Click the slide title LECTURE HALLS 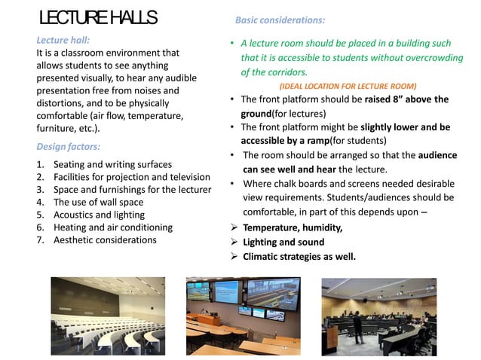click(98, 17)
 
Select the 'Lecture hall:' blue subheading click(63, 40)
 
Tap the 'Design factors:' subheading click(69, 146)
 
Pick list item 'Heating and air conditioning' click(113, 227)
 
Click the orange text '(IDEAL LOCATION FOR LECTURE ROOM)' click(348, 86)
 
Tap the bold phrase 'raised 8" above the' click(406, 99)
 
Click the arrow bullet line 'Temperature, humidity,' click(293, 227)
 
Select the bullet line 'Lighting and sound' click(283, 242)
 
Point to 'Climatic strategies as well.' click(299, 256)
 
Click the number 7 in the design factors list click(40, 239)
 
